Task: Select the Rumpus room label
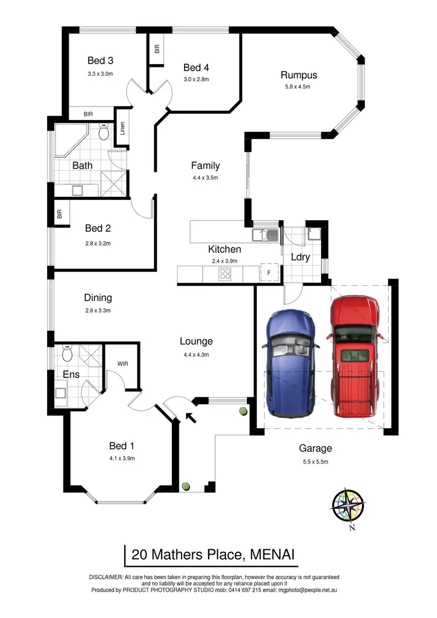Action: (298, 75)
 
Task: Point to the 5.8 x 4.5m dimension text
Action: (298, 87)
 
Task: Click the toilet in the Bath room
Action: (104, 134)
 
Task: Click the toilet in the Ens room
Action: (66, 353)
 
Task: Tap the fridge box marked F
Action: (269, 273)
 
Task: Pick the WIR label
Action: (122, 363)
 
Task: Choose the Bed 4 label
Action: (196, 68)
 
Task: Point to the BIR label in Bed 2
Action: (59, 214)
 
